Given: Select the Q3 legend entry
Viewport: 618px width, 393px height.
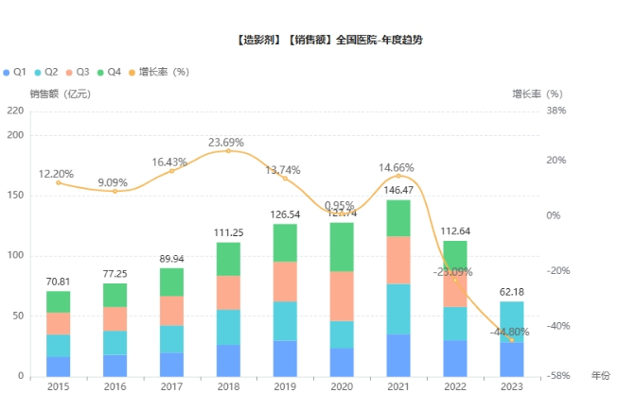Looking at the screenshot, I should [x=78, y=72].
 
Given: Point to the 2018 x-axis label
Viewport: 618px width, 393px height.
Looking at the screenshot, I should [x=228, y=386].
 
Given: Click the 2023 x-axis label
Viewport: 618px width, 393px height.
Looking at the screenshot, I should [x=512, y=386].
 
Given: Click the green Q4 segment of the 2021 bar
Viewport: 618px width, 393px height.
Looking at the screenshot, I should [x=398, y=217].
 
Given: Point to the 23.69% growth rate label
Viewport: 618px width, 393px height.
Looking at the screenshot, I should [x=228, y=143].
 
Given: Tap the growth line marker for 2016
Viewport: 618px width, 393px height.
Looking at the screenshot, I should [x=115, y=192].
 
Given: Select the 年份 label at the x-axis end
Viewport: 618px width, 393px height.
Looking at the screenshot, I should [x=601, y=375].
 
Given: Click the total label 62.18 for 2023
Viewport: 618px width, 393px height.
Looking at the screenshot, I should [x=512, y=292].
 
